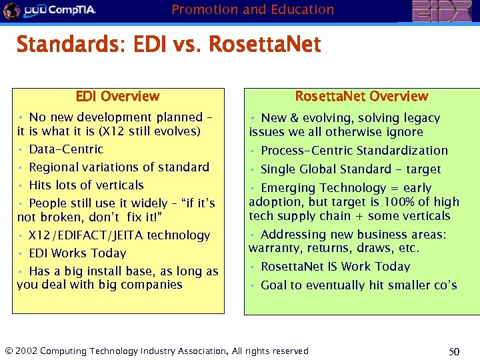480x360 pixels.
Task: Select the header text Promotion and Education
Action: click(x=253, y=9)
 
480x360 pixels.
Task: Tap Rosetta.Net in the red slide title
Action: click(x=265, y=45)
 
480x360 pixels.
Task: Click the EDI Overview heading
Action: click(x=117, y=97)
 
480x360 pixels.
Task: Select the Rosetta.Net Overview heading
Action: click(x=361, y=97)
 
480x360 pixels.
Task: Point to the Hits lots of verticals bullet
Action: click(x=86, y=185)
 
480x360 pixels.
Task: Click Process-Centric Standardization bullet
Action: click(x=354, y=151)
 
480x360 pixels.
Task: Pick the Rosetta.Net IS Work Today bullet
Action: click(x=335, y=267)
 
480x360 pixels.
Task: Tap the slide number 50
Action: click(x=454, y=351)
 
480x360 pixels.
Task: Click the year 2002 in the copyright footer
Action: click(x=26, y=351)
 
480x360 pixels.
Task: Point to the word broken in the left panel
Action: click(x=57, y=217)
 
